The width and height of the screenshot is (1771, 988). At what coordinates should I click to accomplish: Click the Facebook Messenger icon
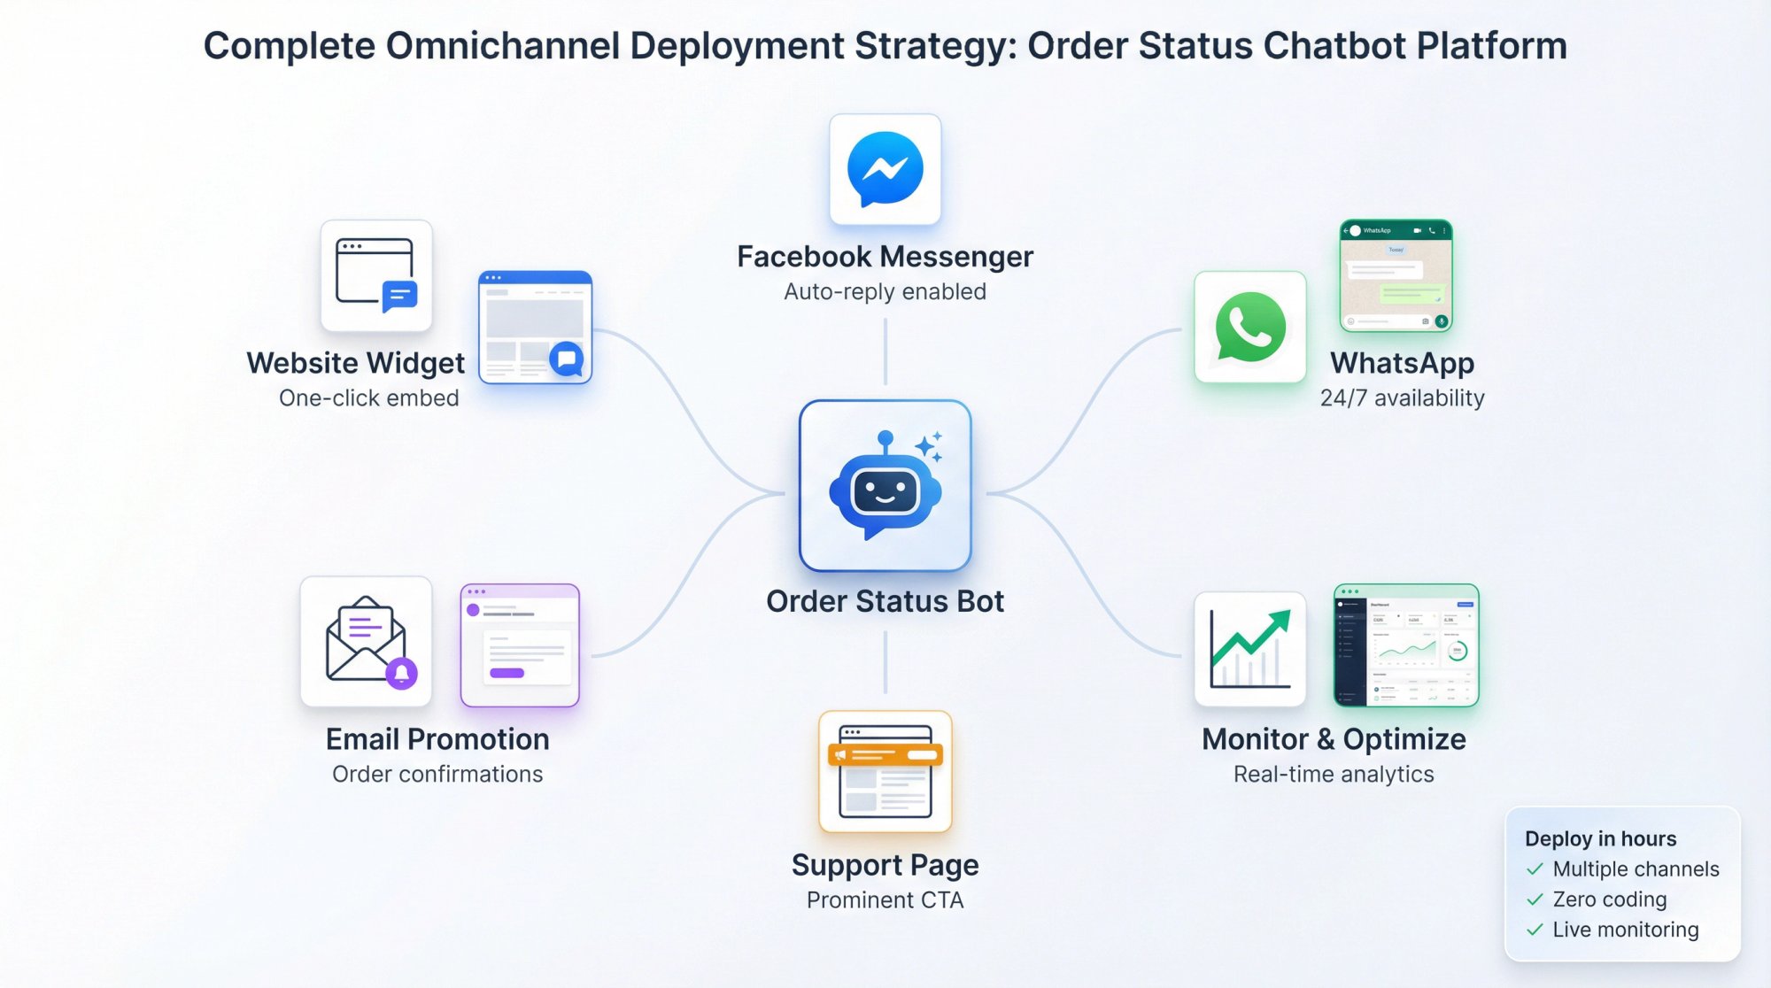click(885, 168)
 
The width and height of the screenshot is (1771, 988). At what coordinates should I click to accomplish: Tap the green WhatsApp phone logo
click(1249, 328)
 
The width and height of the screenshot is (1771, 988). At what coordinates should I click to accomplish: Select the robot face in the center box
click(885, 491)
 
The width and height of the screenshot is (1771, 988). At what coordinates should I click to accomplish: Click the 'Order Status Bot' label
click(885, 601)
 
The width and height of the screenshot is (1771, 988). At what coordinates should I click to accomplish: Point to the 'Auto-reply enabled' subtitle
click(885, 291)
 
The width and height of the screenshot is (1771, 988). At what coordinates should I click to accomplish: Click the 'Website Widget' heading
click(355, 363)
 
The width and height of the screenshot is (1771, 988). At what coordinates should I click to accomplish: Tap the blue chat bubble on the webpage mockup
click(566, 359)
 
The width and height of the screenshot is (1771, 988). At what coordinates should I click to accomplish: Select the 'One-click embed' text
click(368, 398)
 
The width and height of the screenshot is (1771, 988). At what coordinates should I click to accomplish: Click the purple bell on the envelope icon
click(401, 673)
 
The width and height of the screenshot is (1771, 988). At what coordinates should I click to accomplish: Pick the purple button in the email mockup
click(507, 673)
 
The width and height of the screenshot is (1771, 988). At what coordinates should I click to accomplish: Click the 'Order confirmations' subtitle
click(437, 774)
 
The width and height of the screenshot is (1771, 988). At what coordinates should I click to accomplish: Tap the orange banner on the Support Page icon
click(885, 755)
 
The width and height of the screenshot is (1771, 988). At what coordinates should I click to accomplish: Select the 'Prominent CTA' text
click(885, 899)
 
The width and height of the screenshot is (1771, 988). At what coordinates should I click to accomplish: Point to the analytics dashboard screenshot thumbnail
click(1406, 645)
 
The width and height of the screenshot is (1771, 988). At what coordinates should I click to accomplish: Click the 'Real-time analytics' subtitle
click(1334, 774)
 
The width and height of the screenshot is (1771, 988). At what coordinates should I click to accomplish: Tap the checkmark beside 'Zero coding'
click(1535, 899)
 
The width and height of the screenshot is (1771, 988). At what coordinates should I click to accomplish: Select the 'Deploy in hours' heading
click(1600, 838)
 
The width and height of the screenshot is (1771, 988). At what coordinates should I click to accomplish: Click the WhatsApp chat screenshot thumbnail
click(1396, 275)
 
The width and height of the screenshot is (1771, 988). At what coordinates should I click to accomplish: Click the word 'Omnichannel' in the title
click(502, 46)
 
